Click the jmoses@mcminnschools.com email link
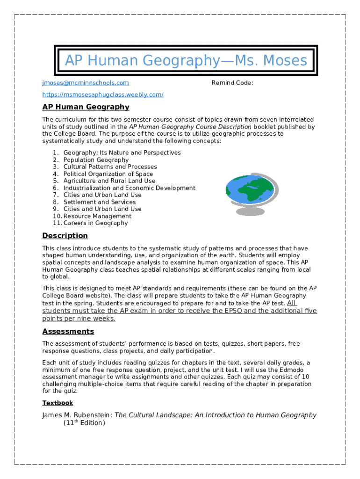(x=85, y=83)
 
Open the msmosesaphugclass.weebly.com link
(x=103, y=94)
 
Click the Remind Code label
(x=232, y=83)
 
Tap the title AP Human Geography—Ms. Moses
(x=186, y=60)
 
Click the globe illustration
(x=252, y=194)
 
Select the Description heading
(x=65, y=235)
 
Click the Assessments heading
(x=68, y=331)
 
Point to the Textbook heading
(x=58, y=403)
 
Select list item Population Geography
(x=96, y=160)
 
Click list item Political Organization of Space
(x=108, y=174)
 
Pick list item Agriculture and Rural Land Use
(x=109, y=181)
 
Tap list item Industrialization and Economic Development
(x=130, y=188)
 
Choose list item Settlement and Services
(x=100, y=202)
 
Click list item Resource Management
(x=97, y=216)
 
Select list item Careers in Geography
(x=95, y=223)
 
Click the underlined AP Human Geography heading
(x=86, y=107)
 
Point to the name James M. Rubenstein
(x=77, y=415)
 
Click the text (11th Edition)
(x=84, y=423)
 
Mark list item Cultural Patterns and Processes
(x=110, y=167)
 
